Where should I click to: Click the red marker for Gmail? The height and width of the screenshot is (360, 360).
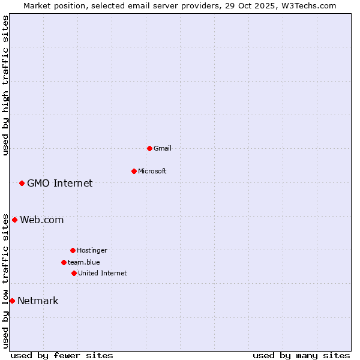149,148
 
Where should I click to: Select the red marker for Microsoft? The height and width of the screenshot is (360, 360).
134,171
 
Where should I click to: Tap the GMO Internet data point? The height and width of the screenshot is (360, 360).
22,183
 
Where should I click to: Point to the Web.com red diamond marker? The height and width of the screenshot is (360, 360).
14,220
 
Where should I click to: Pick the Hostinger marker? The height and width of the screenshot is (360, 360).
73,250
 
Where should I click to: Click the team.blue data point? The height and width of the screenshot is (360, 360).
64,262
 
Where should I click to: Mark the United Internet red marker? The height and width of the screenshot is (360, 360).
74,273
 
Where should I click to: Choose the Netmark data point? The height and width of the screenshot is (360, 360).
12,301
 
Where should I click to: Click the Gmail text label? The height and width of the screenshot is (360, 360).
163,148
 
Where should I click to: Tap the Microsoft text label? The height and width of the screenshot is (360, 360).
152,171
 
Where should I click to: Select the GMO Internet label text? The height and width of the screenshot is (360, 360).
60,183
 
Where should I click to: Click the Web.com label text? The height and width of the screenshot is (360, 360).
42,220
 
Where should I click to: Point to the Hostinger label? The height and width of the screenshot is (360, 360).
92,250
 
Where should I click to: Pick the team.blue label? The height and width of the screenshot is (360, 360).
84,262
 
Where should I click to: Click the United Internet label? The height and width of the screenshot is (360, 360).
103,273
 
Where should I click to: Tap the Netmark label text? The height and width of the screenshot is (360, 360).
38,301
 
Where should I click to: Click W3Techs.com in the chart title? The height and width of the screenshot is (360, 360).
306,5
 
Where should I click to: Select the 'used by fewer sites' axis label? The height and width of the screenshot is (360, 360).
62,355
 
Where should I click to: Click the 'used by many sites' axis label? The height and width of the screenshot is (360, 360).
301,355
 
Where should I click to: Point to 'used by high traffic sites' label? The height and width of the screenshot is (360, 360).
5,85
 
